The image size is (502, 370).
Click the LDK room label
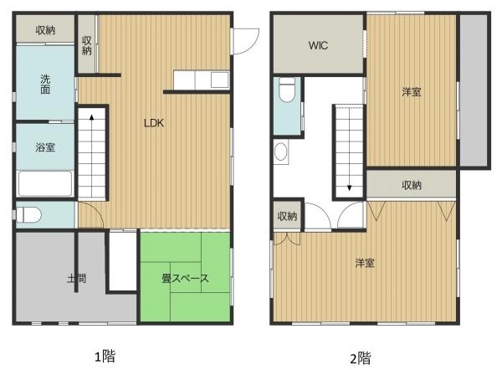click(153, 123)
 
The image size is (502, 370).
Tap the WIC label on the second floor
click(318, 45)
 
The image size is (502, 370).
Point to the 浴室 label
click(45, 147)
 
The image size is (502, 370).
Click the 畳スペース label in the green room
click(183, 278)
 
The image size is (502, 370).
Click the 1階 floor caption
click(104, 356)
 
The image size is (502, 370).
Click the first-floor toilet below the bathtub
click(29, 213)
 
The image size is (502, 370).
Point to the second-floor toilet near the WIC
click(286, 89)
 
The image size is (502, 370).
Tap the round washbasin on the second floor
click(281, 152)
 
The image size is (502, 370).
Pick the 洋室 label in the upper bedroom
click(410, 92)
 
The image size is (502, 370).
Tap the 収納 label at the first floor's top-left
click(45, 30)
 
